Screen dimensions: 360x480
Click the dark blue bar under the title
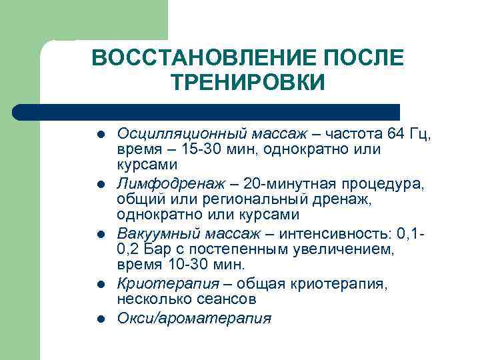[207, 111]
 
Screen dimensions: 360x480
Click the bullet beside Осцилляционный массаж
[101, 134]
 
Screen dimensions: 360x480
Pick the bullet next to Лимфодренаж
[101, 184]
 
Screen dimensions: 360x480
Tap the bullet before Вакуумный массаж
[101, 235]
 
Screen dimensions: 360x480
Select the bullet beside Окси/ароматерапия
[101, 319]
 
